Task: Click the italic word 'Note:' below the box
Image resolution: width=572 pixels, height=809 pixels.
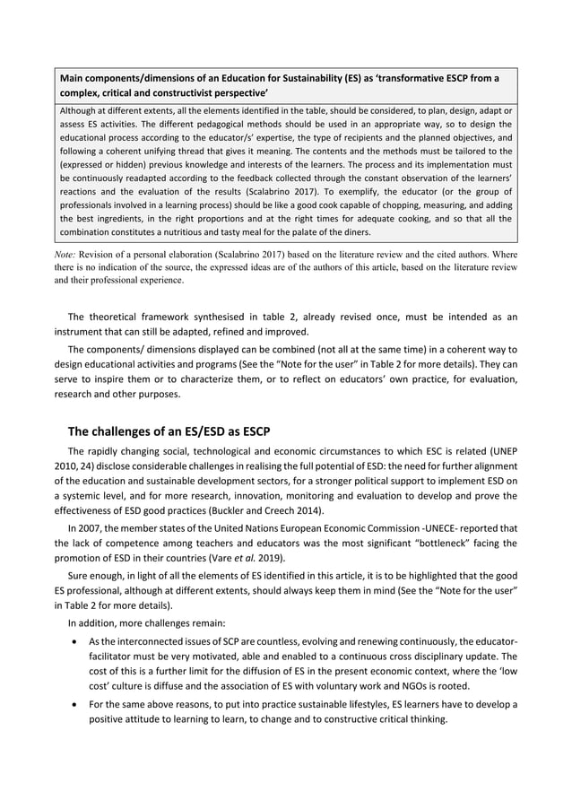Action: (70, 253)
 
